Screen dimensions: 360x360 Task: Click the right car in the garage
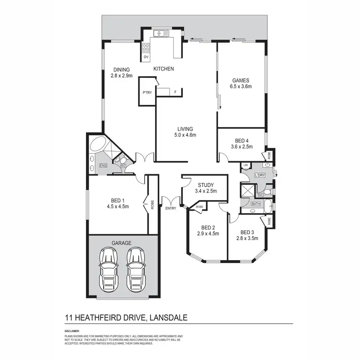click(x=136, y=269)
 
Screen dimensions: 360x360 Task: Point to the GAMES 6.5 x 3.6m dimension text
click(x=241, y=87)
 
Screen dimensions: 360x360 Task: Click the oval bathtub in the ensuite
click(x=98, y=144)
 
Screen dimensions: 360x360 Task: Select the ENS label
click(x=103, y=166)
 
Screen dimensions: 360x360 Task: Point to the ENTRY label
click(x=170, y=208)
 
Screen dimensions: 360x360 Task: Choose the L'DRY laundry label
click(x=260, y=175)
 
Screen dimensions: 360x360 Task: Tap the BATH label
click(x=256, y=204)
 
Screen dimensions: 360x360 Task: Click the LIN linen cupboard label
click(x=245, y=166)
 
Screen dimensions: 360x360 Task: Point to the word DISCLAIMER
click(x=72, y=331)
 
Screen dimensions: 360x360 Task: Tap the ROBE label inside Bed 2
click(x=199, y=207)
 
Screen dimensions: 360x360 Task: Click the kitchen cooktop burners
click(x=146, y=47)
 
